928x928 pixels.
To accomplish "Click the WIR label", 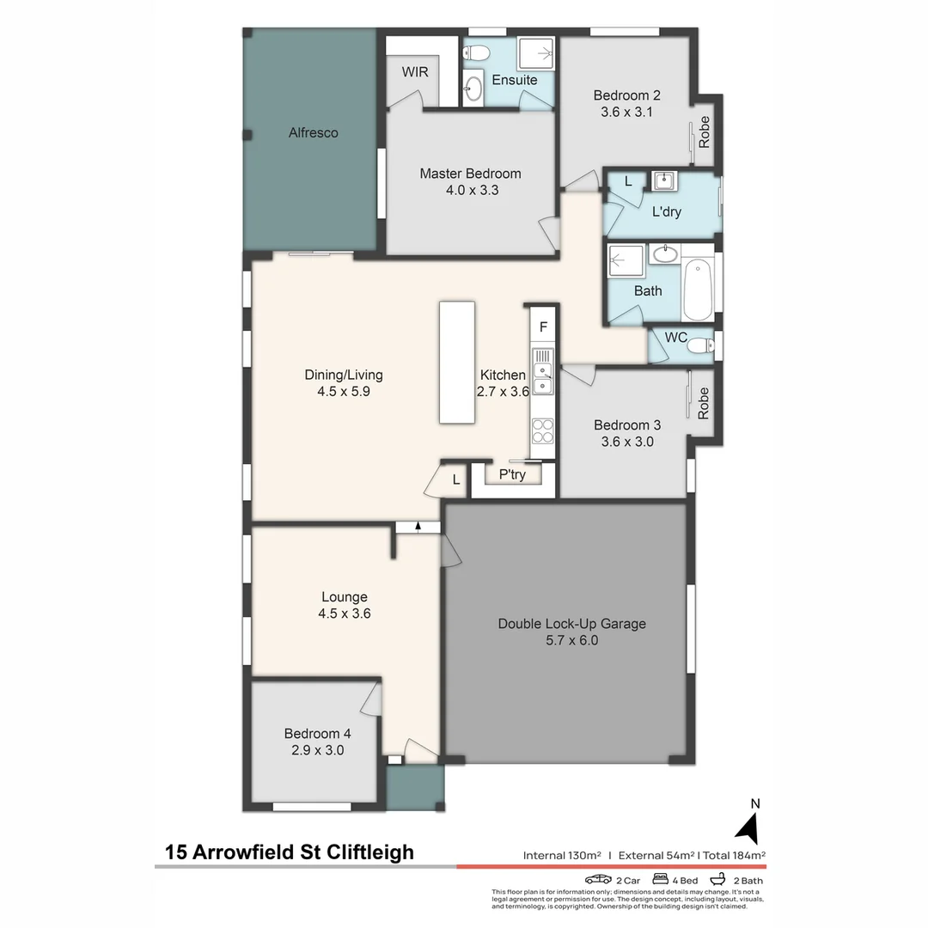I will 414,72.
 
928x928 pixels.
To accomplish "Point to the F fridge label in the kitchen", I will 543,327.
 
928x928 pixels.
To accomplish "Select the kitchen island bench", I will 457,362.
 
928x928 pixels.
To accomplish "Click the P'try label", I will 512,474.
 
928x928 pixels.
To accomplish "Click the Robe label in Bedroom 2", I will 705,132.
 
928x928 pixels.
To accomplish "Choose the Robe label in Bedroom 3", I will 705,403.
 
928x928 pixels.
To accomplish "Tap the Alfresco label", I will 313,132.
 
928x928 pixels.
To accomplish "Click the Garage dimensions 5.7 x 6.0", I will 571,640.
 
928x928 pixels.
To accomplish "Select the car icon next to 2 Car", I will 598,880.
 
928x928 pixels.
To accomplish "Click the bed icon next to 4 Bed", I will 661,880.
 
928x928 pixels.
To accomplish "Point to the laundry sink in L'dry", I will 662,180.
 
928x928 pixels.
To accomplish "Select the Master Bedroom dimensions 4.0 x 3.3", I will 470,190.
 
